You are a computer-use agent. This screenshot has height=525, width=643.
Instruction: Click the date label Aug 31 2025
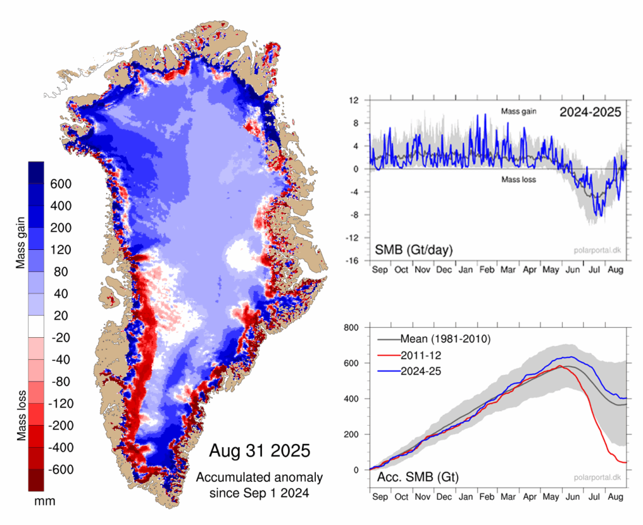[x=259, y=450]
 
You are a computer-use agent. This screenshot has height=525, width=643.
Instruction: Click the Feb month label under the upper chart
[x=487, y=270]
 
